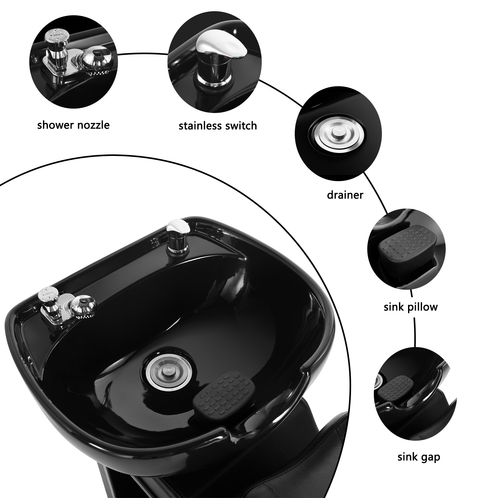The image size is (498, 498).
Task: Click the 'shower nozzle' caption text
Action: (x=73, y=125)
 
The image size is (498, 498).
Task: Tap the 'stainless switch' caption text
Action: (x=218, y=126)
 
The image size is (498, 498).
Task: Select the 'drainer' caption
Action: (x=345, y=195)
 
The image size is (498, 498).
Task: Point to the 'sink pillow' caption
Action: (x=411, y=307)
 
